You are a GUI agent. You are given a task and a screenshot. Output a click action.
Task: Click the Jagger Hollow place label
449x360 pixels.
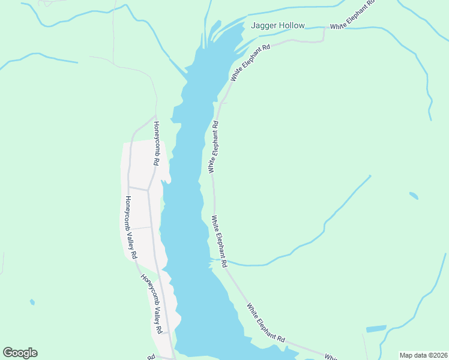278,26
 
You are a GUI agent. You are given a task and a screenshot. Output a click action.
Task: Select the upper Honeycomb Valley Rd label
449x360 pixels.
130,227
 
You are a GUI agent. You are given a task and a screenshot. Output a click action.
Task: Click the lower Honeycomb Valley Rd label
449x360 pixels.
152,304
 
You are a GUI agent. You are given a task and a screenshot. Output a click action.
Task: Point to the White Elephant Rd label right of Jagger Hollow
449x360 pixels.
353,15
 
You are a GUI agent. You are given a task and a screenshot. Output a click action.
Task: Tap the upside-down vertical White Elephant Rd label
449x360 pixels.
212,147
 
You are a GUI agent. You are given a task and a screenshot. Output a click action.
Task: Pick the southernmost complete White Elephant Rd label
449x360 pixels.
265,322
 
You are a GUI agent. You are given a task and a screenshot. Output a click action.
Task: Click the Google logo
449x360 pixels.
20,353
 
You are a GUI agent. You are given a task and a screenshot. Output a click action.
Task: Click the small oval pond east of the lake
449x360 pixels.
414,196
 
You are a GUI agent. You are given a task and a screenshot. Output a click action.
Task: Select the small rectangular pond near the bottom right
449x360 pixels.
376,329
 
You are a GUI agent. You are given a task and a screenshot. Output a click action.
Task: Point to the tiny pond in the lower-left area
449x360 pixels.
32,302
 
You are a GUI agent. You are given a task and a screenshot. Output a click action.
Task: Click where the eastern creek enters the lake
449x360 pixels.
212,259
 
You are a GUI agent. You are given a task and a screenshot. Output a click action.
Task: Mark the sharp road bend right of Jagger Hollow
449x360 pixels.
324,41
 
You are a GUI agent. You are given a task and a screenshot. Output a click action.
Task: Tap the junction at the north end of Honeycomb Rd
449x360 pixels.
155,116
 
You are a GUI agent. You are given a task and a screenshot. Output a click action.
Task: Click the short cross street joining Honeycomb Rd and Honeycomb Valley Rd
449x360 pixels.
139,188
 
